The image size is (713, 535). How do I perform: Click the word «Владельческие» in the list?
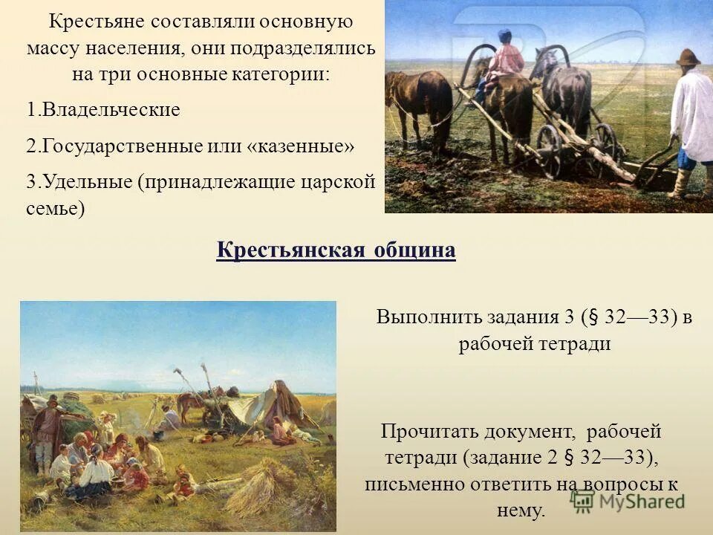[x=111, y=110]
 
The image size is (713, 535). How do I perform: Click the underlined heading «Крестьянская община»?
[x=336, y=250]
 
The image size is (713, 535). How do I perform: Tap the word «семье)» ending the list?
[x=55, y=209]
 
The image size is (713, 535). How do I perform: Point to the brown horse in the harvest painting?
[x=189, y=406]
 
